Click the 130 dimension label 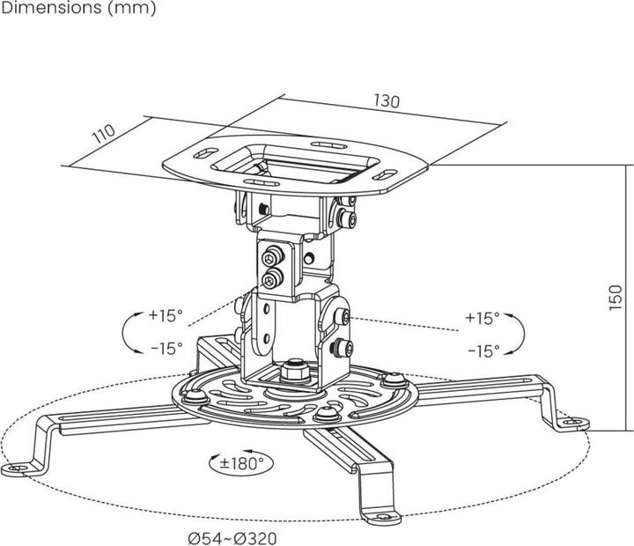click(x=387, y=100)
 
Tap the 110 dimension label click(x=104, y=136)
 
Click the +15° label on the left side click(x=165, y=314)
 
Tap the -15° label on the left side click(x=165, y=348)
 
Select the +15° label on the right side click(x=483, y=317)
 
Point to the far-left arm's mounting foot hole click(x=15, y=468)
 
